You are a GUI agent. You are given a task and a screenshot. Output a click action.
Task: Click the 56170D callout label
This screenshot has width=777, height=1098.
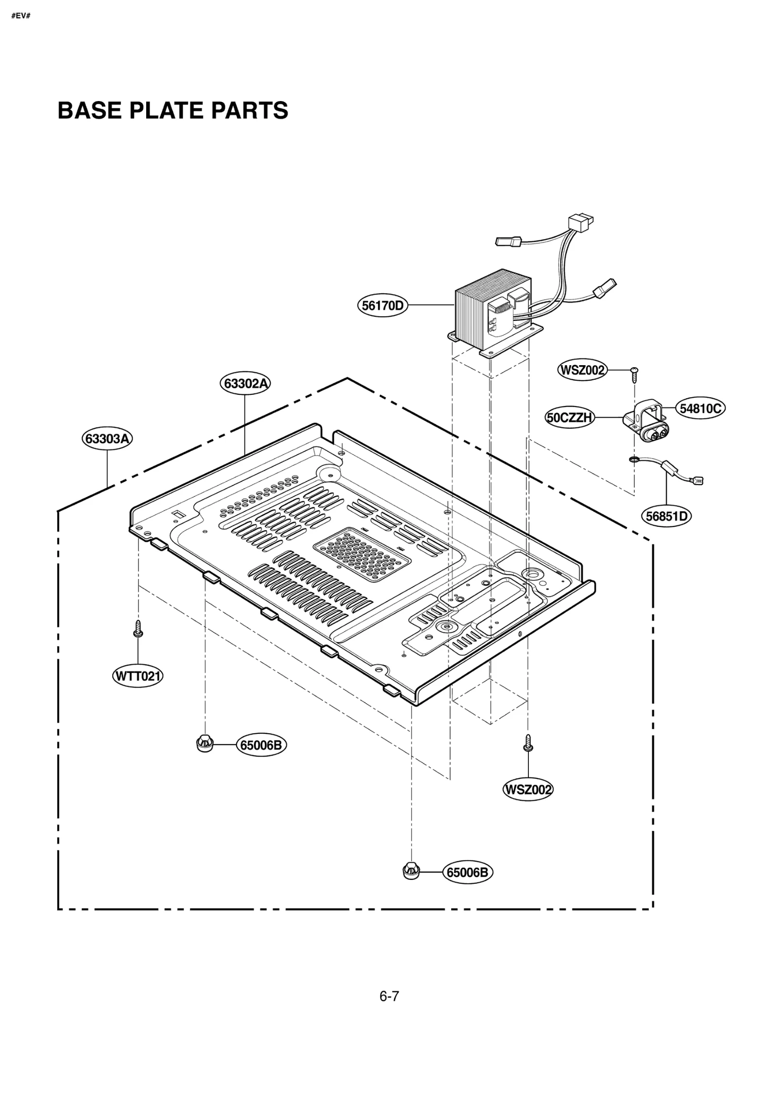383,305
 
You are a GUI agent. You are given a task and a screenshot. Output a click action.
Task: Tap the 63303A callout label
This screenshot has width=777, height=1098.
107,439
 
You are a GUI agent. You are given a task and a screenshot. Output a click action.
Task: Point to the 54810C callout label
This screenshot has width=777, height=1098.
700,408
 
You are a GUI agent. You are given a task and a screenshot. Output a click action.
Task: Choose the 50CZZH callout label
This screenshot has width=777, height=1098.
570,417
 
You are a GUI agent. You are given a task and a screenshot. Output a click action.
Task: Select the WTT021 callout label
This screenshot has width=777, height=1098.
138,676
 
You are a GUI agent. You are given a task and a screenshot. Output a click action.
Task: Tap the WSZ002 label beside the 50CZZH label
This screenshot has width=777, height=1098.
582,370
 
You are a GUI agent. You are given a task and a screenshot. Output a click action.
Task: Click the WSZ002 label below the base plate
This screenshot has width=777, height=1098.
528,790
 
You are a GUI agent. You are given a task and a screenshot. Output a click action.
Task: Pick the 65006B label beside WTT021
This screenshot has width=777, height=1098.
261,745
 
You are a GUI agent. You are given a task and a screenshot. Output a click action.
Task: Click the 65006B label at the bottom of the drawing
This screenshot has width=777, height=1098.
467,873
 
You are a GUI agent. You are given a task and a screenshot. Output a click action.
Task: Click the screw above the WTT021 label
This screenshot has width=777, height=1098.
138,628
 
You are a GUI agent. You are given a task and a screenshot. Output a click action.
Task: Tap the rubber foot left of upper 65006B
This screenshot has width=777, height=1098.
205,743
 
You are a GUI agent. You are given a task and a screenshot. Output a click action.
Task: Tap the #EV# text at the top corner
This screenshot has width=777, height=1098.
21,16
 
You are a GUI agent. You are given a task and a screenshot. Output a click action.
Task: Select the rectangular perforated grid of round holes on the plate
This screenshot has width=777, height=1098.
362,555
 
